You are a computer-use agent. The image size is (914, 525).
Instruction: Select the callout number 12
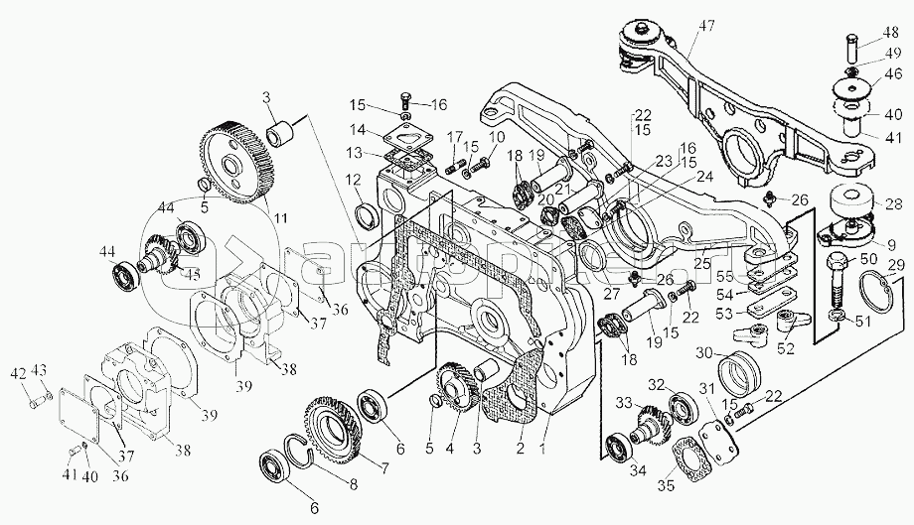(x=353, y=179)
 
